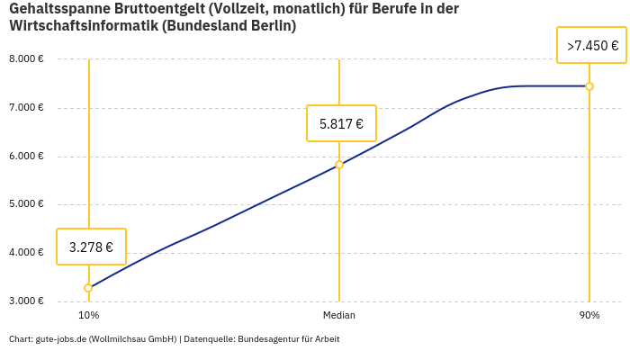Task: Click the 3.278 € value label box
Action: coord(91,247)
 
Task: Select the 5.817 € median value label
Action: coord(341,123)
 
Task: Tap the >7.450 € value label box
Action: coord(592,45)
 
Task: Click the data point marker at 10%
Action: coord(88,288)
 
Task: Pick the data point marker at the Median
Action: coord(339,165)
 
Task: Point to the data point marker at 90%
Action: coord(589,86)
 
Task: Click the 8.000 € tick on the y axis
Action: coord(26,59)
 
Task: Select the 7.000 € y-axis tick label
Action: coord(26,108)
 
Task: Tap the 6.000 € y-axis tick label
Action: coord(26,157)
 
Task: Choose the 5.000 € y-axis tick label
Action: coord(26,204)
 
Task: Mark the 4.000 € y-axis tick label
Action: coord(26,253)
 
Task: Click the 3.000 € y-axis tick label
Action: coord(26,301)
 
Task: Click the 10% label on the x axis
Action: coord(88,316)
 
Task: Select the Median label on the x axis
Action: coord(339,316)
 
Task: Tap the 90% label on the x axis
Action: coord(589,316)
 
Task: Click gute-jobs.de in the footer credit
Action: coord(60,339)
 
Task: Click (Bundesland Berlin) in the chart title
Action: coord(229,26)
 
